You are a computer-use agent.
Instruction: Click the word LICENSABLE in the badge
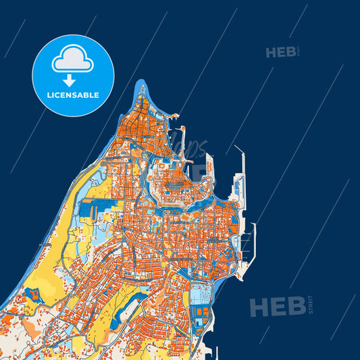point(73,95)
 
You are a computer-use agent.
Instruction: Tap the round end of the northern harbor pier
point(182,128)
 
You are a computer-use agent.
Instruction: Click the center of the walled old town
point(175,182)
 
